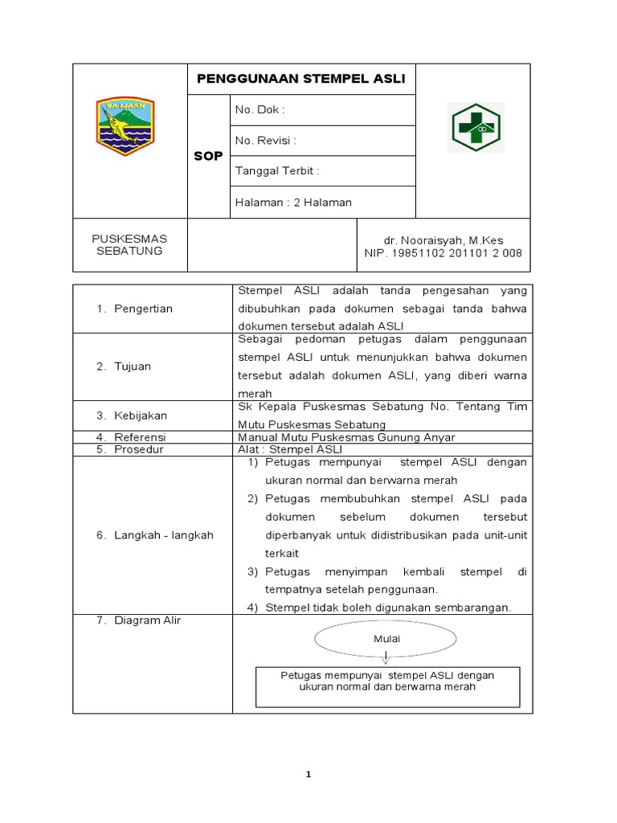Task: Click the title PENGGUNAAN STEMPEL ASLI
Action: [x=301, y=79]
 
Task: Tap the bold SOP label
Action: [x=208, y=156]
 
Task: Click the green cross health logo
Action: [x=473, y=128]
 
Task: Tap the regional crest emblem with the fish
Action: [x=125, y=125]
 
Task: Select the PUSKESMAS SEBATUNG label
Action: [x=129, y=245]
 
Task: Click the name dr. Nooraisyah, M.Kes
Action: [x=444, y=240]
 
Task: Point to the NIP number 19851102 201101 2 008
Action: [x=443, y=253]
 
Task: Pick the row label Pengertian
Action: [x=143, y=309]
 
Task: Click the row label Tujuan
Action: [x=133, y=366]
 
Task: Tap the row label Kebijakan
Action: [x=141, y=416]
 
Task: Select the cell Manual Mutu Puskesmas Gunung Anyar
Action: [x=346, y=437]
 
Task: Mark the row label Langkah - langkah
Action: [x=163, y=535]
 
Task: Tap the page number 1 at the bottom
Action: [x=308, y=775]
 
